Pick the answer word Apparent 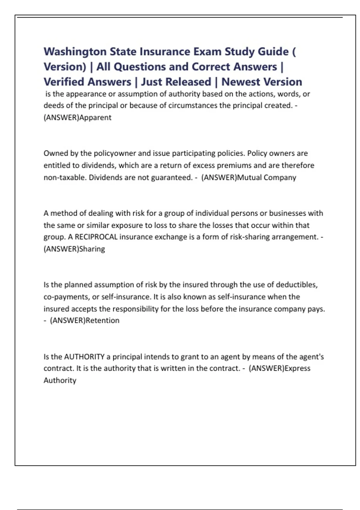(95, 117)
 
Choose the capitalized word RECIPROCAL (96, 237)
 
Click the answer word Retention (102, 320)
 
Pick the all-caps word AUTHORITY (84, 357)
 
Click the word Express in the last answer (297, 368)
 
